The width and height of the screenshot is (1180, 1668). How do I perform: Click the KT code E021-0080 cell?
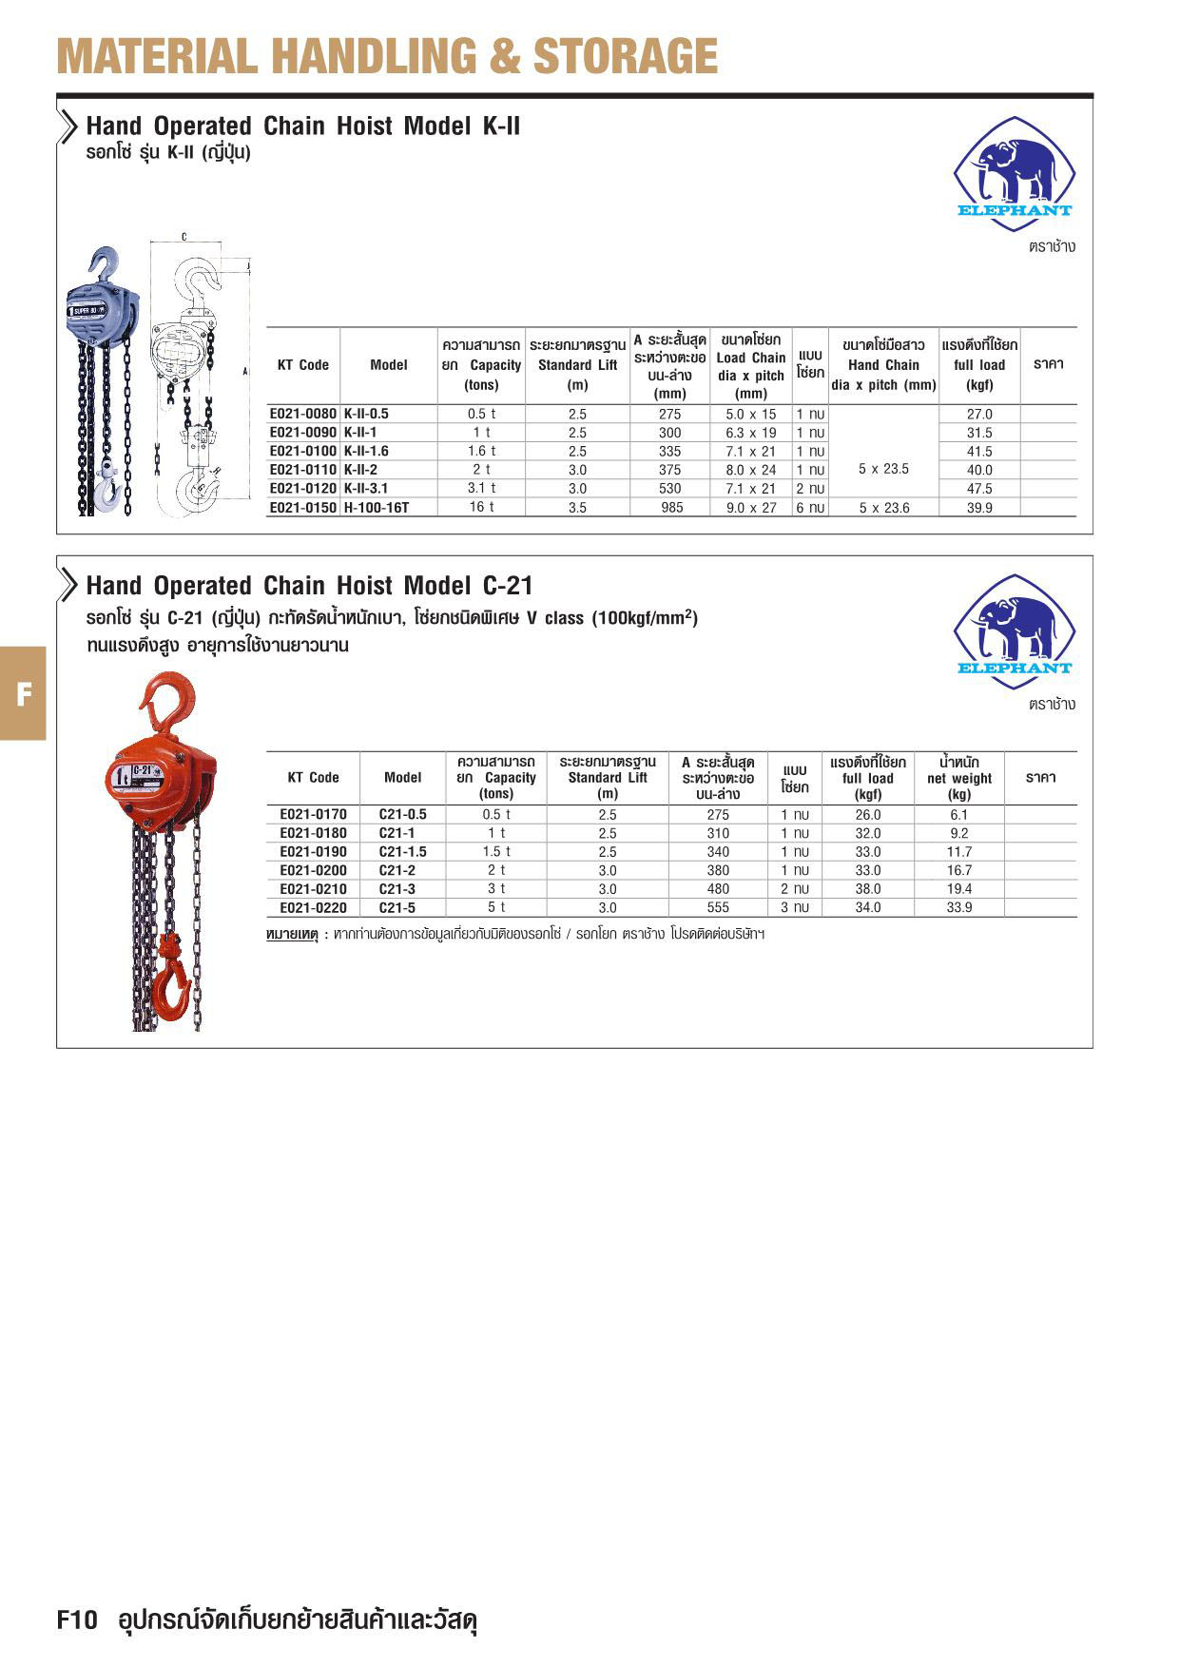click(x=302, y=415)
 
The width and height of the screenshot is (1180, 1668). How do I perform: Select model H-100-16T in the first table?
click(x=377, y=508)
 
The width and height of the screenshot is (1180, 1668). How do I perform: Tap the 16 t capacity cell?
click(x=481, y=507)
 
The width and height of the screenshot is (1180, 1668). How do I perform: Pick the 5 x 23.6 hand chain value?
click(x=884, y=508)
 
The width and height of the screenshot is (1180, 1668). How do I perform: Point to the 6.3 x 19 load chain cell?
click(x=751, y=433)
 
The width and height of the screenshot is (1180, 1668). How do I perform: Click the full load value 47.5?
click(x=979, y=489)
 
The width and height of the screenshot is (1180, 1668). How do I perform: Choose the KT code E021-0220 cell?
click(x=313, y=908)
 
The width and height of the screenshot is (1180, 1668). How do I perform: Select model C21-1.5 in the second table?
click(x=402, y=852)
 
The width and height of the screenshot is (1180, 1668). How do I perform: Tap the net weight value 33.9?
click(x=958, y=908)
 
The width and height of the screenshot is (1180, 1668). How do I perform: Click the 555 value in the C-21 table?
click(x=718, y=908)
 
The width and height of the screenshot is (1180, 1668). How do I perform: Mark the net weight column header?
click(x=958, y=778)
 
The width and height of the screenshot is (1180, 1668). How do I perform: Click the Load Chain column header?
click(x=751, y=366)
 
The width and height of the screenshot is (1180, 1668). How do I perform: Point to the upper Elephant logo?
click(x=1014, y=173)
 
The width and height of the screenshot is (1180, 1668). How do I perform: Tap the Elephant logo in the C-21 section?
click(x=1014, y=631)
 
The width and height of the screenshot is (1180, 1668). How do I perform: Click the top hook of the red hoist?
click(x=169, y=699)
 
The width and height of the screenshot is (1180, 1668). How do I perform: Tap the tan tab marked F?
click(x=23, y=693)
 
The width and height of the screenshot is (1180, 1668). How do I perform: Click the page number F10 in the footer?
click(x=78, y=1620)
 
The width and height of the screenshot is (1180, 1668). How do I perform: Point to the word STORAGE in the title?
click(x=625, y=56)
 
